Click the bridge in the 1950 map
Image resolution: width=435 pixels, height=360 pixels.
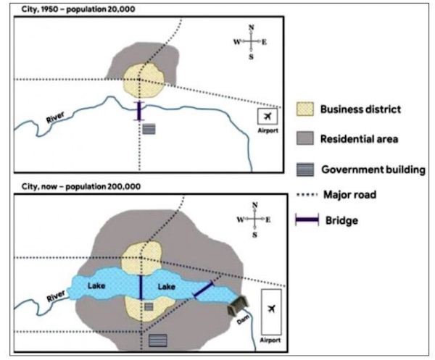tap(139, 111)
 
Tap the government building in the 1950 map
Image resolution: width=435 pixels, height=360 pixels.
tap(149, 129)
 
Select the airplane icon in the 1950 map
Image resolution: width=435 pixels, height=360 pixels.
tap(268, 117)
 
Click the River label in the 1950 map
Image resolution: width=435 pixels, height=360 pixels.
tap(56, 117)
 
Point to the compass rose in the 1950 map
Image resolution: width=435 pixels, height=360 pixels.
tap(251, 42)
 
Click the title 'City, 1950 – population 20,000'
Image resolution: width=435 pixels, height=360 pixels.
tap(78, 9)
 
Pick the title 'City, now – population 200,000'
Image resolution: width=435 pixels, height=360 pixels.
tap(81, 186)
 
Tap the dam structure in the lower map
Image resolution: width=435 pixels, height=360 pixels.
tap(238, 306)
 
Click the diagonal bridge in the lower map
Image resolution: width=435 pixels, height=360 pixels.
tap(204, 290)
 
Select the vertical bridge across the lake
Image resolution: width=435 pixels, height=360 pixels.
tap(141, 288)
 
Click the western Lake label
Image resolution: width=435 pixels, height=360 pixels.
tap(96, 285)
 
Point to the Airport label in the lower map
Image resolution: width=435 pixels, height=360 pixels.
tap(270, 340)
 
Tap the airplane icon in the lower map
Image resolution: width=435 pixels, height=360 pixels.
tap(271, 308)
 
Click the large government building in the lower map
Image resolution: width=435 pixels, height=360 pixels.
tap(158, 340)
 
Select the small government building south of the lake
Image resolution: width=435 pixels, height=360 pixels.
tap(149, 306)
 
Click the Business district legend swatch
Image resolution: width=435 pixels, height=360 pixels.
tap(305, 109)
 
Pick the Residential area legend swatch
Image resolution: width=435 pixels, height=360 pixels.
tap(305, 138)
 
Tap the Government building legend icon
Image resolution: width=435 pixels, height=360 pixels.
tap(305, 169)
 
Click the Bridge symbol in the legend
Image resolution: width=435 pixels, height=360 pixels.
tap(307, 219)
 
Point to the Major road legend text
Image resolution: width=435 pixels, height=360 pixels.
tap(350, 195)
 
